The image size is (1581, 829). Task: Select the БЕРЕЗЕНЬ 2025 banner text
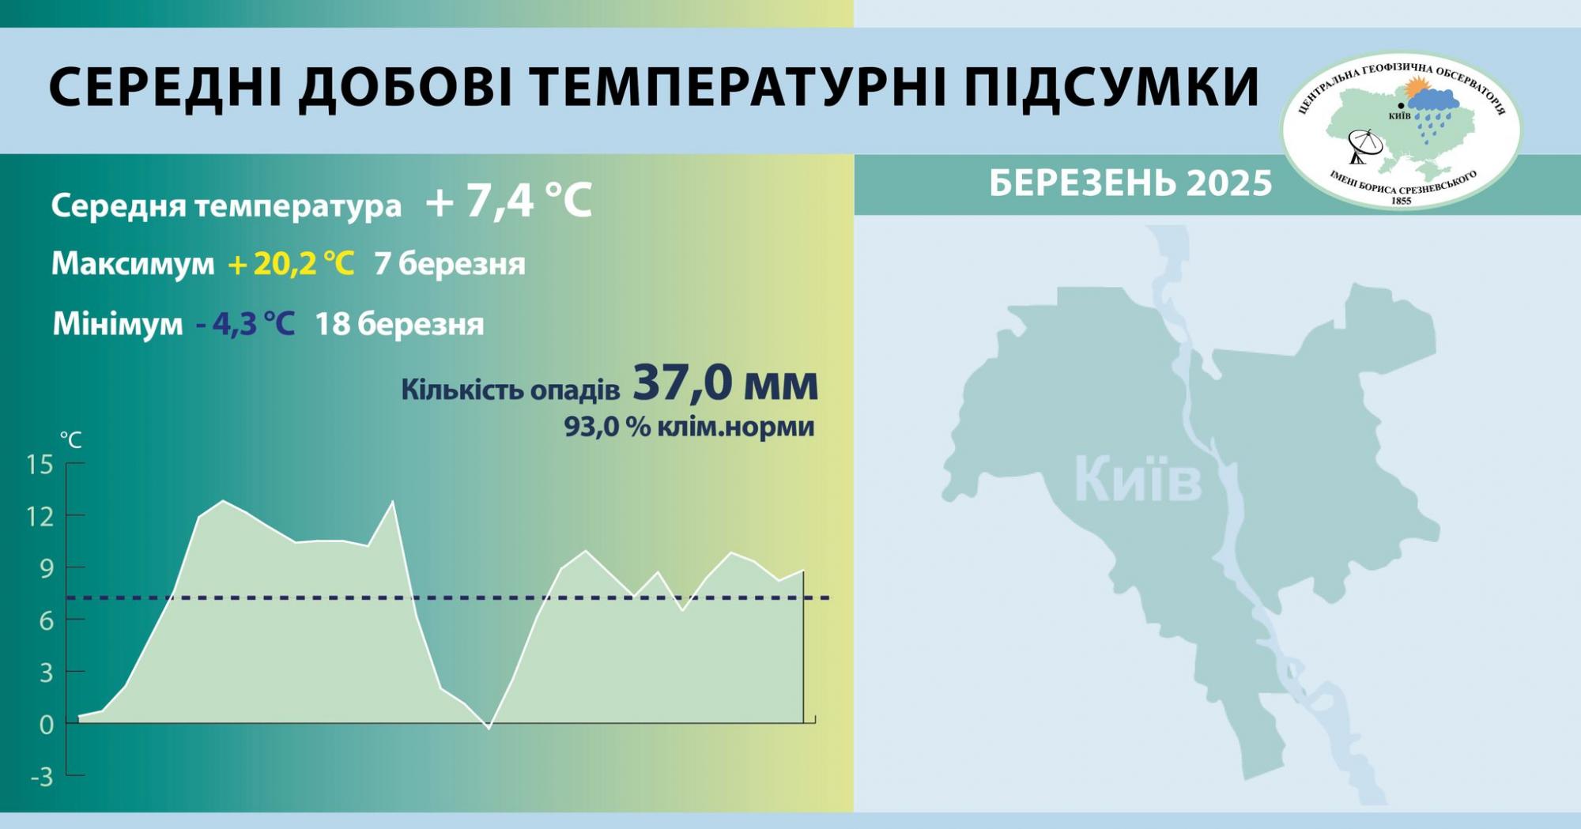1130,184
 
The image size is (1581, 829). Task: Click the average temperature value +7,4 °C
508,201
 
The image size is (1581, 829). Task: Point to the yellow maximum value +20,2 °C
291,264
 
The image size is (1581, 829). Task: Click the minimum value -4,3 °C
245,324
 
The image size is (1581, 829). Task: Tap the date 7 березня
450,264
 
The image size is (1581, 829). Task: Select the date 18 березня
399,324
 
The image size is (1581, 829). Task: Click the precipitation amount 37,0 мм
725,384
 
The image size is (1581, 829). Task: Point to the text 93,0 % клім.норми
689,428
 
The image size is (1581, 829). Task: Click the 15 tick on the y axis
40,465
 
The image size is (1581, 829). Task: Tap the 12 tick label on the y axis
40,517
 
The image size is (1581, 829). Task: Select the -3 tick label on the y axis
41,778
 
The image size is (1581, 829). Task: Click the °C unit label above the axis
71,440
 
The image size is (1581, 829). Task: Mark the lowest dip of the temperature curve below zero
489,727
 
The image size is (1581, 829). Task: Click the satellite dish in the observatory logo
1365,146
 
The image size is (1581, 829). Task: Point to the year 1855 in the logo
1401,201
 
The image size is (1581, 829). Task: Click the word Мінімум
117,324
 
